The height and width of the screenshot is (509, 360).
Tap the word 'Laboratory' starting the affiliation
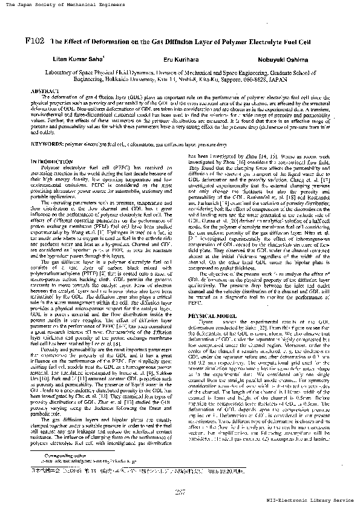[60, 71]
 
